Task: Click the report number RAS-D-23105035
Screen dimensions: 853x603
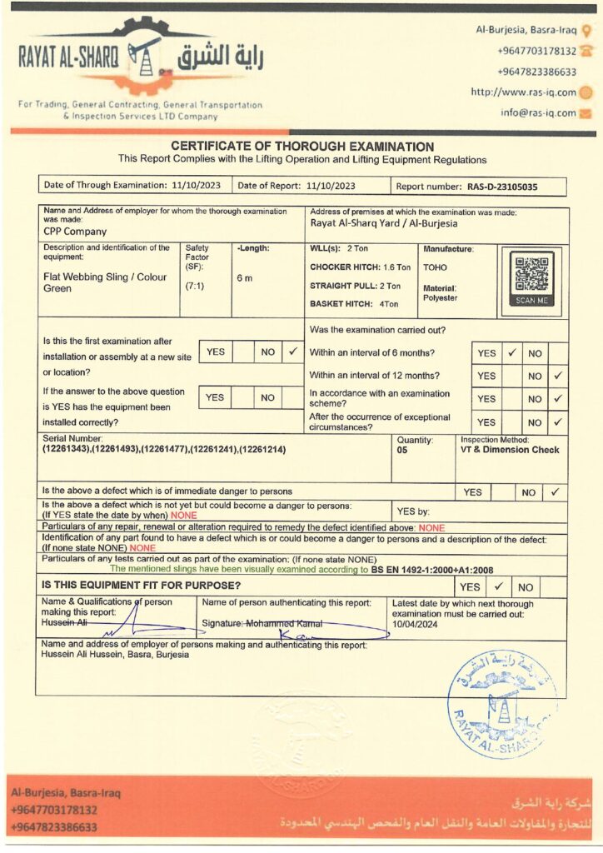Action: [x=502, y=187]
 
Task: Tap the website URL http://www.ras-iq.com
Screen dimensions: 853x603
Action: [x=523, y=92]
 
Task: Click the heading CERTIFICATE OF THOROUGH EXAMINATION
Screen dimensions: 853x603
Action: [x=302, y=147]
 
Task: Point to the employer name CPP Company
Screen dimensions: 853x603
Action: [x=75, y=232]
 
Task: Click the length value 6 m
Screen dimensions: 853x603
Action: [x=244, y=277]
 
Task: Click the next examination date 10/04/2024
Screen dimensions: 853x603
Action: [x=416, y=624]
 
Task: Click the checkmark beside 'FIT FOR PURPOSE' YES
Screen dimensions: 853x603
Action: [x=498, y=586]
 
